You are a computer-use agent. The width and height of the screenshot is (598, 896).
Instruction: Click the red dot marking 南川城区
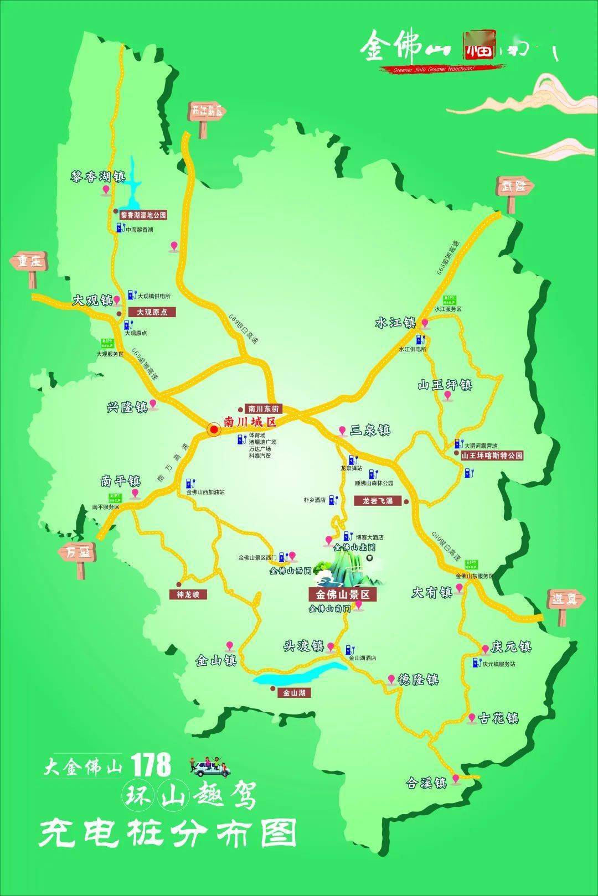pos(214,428)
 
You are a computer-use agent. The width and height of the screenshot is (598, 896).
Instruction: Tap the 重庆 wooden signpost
pos(29,263)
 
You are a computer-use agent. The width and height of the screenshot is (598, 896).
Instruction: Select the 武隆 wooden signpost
pos(513,187)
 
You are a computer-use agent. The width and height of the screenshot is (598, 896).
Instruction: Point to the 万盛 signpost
pos(78,552)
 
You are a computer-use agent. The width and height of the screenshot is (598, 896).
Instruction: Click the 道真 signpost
pos(564,599)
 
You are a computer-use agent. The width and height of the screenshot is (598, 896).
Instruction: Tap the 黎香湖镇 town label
pos(97,177)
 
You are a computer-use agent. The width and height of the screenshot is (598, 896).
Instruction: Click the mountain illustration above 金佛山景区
pos(347,570)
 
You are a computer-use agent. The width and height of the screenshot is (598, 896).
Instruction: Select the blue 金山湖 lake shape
pos(299,674)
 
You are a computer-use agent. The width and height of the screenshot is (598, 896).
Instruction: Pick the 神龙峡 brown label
pos(188,594)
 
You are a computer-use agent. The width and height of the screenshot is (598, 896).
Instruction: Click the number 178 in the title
pos(151,765)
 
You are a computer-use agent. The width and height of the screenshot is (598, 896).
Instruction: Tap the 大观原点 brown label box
pos(148,312)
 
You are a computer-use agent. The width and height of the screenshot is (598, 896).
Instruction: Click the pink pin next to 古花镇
pos(471,718)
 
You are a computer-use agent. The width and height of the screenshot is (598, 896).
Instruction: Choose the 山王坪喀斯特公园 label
pos(492,456)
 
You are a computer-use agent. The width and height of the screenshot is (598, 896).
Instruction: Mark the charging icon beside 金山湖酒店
pos(349,649)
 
